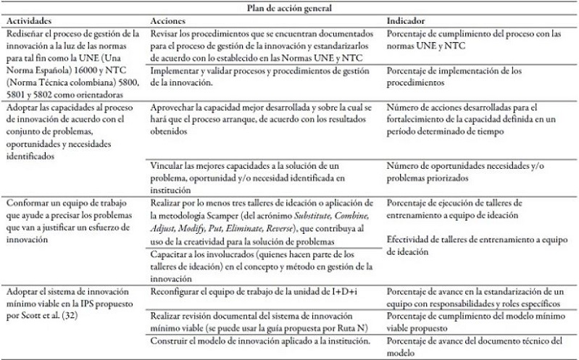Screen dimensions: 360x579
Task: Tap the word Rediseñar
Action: point(27,34)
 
